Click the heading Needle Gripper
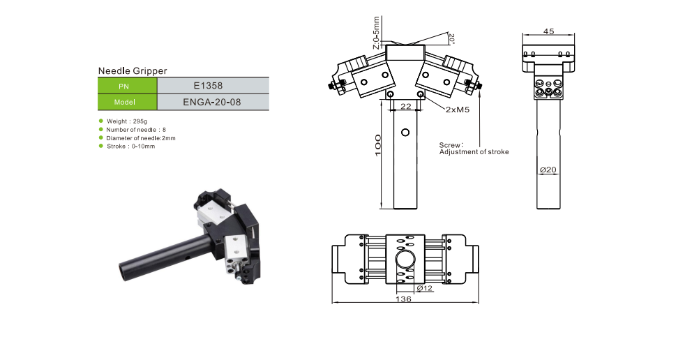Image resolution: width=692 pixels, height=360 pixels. tap(133, 70)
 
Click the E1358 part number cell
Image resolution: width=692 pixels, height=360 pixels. tap(213, 86)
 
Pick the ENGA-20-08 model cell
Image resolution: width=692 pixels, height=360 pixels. tap(213, 102)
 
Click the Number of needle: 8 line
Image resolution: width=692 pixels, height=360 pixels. tap(136, 130)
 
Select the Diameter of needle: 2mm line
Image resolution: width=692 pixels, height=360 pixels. tap(140, 138)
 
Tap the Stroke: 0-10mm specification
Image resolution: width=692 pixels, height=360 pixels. tap(130, 147)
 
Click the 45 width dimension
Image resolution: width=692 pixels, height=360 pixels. tap(548, 31)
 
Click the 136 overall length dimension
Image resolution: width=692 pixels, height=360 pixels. tap(403, 299)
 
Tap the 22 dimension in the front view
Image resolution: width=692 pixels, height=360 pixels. tap(405, 106)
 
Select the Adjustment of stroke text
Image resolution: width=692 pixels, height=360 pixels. tap(474, 152)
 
